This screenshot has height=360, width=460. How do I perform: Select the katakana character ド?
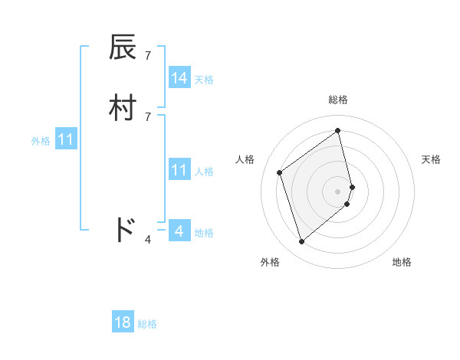click(124, 229)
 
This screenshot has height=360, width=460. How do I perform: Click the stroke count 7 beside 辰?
click(147, 56)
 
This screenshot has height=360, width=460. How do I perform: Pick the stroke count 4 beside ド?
click(147, 240)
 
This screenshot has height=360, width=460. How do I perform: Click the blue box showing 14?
click(179, 77)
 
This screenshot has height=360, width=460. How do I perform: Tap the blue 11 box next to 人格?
click(179, 170)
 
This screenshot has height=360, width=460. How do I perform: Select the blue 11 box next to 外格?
click(66, 140)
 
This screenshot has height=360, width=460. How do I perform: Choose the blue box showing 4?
click(179, 231)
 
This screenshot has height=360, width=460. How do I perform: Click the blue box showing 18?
click(123, 322)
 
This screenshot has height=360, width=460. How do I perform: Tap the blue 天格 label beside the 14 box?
click(204, 79)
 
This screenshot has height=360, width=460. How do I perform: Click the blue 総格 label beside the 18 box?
click(147, 324)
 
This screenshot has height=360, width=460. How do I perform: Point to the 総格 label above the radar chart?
click(338, 100)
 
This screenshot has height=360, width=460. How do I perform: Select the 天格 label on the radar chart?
click(431, 159)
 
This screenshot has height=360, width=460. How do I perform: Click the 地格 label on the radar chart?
click(402, 262)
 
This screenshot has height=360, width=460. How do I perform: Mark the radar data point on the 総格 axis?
click(338, 130)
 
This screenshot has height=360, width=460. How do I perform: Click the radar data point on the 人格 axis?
click(280, 172)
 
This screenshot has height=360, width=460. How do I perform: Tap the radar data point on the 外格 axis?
click(301, 242)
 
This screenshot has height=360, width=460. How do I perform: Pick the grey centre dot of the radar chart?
click(338, 191)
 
